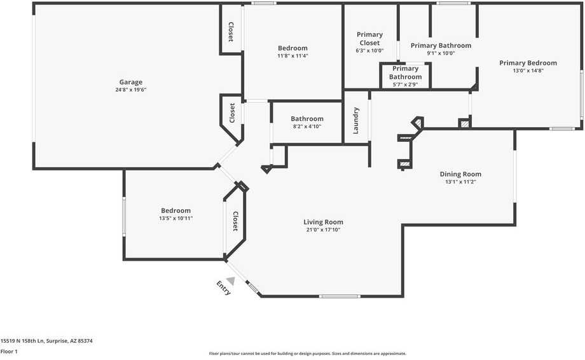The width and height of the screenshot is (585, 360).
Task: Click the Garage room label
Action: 130,82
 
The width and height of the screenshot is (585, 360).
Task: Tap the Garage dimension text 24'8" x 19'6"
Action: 130,90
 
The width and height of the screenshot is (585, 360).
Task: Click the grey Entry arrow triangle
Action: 230,280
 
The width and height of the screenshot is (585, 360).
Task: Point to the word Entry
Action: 223,288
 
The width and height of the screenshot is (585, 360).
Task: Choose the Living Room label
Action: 323,222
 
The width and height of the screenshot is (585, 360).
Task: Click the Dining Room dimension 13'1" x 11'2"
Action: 460,182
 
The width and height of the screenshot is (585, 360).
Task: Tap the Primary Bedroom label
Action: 528,63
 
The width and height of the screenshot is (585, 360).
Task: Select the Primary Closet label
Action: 369,39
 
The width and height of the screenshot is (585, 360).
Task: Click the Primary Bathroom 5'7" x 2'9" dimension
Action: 405,84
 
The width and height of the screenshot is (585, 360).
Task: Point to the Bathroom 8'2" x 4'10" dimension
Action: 307,127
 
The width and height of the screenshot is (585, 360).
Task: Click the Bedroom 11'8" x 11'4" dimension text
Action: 292,56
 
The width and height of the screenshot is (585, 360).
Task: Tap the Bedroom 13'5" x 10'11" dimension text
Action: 175,218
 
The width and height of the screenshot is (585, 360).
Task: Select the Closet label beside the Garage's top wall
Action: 231,32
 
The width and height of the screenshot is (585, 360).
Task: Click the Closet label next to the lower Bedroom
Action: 235,221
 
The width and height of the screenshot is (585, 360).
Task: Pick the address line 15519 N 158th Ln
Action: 46,341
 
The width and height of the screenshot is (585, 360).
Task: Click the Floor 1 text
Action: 9,351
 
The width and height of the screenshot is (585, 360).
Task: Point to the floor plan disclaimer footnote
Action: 307,354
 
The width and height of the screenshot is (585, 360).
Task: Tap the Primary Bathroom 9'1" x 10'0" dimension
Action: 441,53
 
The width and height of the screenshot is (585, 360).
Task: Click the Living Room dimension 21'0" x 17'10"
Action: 323,230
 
